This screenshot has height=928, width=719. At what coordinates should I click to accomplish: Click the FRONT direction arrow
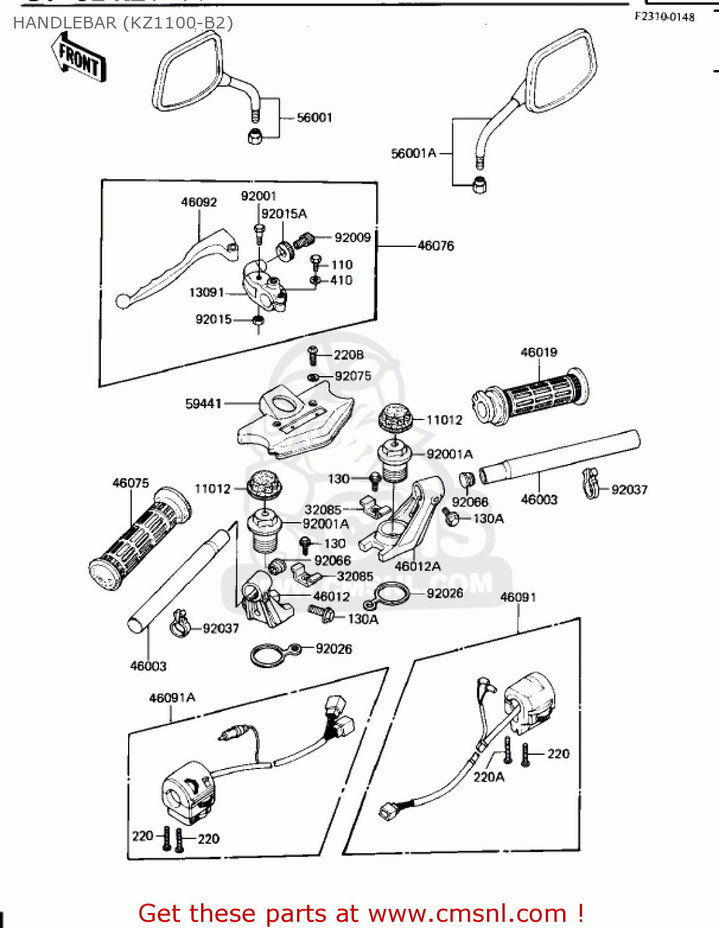point(79,58)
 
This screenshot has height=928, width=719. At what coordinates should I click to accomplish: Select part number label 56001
point(314,118)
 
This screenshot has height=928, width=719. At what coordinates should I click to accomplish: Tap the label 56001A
point(413,153)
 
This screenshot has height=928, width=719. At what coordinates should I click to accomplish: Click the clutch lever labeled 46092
point(179,266)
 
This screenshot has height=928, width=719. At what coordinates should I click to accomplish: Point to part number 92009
point(352,238)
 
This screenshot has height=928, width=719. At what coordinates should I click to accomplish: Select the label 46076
point(436,246)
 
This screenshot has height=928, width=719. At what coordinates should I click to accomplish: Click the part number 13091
point(206,292)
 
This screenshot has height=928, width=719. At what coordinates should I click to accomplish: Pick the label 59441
point(204,403)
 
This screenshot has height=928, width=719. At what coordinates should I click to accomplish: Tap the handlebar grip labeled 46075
point(139,538)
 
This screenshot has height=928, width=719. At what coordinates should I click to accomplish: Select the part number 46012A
point(418,566)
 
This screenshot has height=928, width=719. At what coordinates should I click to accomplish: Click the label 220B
point(348,354)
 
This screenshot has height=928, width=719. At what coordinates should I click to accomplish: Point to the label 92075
point(353,376)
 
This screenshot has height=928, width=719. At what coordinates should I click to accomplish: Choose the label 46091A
point(172,698)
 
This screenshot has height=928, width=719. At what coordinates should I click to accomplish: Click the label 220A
point(489,777)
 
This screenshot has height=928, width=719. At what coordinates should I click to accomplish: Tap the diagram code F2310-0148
point(664,17)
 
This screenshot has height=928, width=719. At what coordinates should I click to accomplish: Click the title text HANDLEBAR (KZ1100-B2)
point(123,23)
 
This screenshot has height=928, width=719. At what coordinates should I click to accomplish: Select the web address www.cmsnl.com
point(467,913)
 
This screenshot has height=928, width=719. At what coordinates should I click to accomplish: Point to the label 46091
point(518,597)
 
